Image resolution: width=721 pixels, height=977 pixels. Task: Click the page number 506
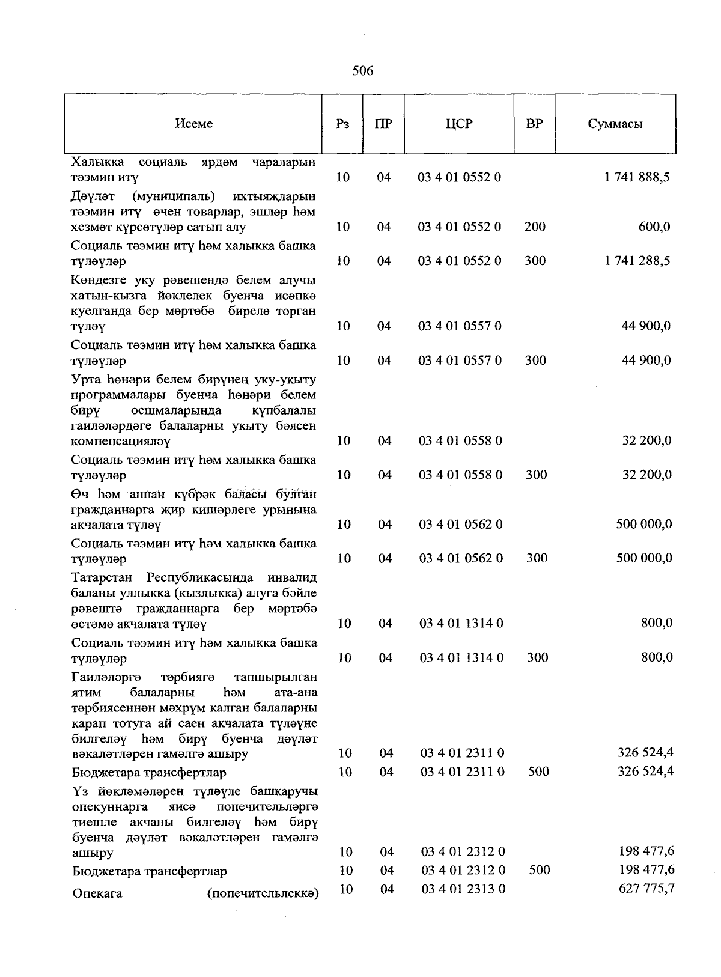(x=363, y=71)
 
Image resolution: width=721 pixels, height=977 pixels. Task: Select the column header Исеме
(x=193, y=124)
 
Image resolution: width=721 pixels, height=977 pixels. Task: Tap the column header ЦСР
(x=459, y=124)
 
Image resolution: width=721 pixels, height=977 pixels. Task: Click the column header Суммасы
(x=615, y=124)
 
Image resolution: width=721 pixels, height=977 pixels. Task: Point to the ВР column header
(x=534, y=124)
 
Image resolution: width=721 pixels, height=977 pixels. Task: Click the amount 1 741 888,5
(x=637, y=177)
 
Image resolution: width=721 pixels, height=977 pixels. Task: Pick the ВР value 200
(x=535, y=227)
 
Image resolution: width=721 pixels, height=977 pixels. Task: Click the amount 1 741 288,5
(x=637, y=261)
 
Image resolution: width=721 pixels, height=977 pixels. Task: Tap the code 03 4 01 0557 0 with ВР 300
(x=460, y=361)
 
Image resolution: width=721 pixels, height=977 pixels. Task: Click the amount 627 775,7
(x=646, y=888)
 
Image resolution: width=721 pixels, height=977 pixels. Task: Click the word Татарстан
(x=105, y=578)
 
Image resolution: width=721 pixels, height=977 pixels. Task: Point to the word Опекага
(x=97, y=893)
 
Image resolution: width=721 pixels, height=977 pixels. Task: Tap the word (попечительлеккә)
(x=263, y=893)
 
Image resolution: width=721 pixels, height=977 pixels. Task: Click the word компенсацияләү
(x=120, y=442)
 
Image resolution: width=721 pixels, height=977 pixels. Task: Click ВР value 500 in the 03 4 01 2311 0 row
(x=538, y=772)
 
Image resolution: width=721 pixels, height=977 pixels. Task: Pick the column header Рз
(x=342, y=124)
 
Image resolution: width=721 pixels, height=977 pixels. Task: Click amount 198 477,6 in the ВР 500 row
(x=646, y=869)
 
